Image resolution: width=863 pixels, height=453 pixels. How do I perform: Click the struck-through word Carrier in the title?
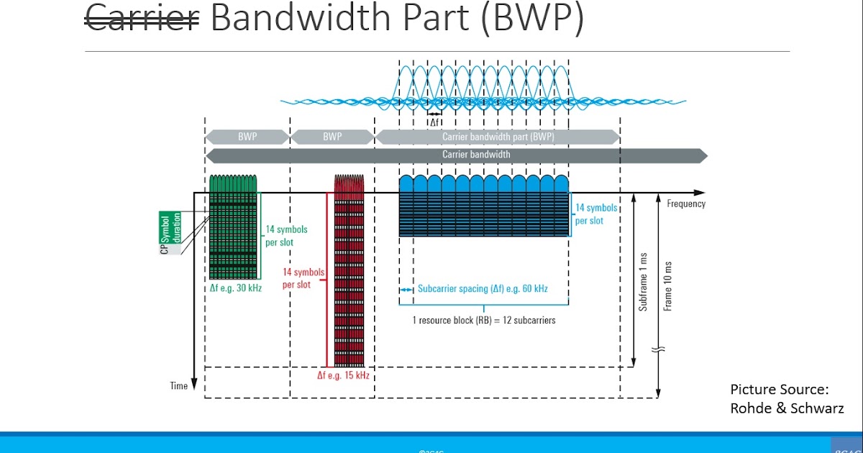(x=142, y=19)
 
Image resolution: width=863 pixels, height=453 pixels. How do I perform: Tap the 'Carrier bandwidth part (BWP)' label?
(x=498, y=137)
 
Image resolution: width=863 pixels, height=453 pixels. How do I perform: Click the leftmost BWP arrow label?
(x=247, y=137)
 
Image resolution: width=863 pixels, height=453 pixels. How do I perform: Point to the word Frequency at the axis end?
(x=686, y=203)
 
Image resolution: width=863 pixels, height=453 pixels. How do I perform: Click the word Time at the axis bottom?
(x=178, y=386)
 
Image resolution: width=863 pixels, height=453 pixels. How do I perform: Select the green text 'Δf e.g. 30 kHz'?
(x=232, y=288)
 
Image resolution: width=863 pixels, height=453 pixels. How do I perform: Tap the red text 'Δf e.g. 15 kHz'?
(x=343, y=375)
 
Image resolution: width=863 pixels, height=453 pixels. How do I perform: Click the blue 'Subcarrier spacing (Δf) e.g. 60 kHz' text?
(x=483, y=289)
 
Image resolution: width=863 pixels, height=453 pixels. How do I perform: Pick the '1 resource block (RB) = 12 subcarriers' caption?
(x=483, y=320)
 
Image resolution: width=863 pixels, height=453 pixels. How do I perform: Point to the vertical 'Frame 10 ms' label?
(x=667, y=285)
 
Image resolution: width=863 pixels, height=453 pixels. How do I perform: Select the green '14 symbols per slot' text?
(x=286, y=236)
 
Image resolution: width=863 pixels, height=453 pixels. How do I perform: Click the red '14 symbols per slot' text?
(x=303, y=278)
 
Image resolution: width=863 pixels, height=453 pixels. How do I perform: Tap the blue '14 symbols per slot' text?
(x=595, y=214)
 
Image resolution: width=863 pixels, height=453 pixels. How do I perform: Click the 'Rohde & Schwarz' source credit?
(x=787, y=408)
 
